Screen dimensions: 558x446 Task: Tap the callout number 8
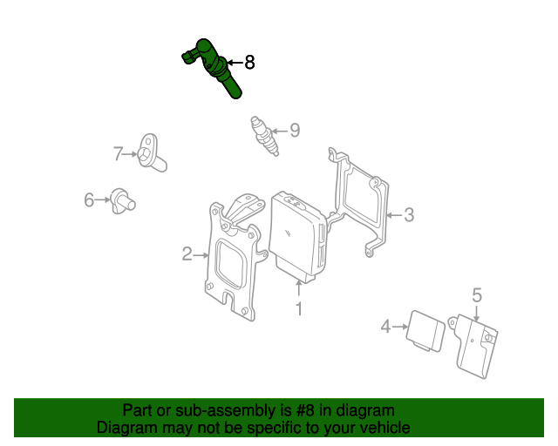tap(250, 63)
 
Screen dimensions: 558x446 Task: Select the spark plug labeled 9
tap(264, 136)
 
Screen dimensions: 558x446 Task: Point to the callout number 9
tap(295, 131)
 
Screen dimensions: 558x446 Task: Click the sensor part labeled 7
tap(151, 153)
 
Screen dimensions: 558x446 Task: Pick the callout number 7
tap(119, 153)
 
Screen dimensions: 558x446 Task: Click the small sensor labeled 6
tap(122, 201)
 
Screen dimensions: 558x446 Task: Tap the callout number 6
tap(89, 199)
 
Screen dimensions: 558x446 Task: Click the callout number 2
tap(187, 254)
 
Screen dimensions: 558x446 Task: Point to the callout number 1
tap(299, 309)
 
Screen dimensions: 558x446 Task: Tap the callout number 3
tap(409, 215)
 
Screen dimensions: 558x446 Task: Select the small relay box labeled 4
tap(425, 331)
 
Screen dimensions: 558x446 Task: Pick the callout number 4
tap(385, 327)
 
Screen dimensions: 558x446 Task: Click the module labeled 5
tap(473, 345)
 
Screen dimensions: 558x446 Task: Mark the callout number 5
tap(477, 295)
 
